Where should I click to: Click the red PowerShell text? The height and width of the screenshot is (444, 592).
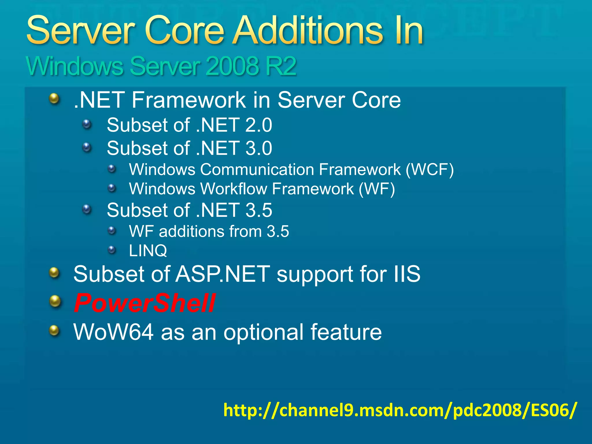[145, 303]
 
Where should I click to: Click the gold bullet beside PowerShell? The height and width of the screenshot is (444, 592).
[55, 301]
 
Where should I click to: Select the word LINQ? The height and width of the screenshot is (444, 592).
[148, 250]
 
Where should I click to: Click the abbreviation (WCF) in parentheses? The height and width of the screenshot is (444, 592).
[430, 169]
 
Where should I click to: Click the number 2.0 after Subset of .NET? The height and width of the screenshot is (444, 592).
[258, 125]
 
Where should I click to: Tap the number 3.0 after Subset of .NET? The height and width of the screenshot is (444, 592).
[258, 148]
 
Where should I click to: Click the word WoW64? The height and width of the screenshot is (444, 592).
[113, 332]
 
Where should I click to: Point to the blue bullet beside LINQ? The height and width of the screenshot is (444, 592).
[112, 249]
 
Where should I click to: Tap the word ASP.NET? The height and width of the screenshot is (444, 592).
[223, 274]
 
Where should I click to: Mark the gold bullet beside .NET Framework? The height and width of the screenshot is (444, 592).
[54, 99]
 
